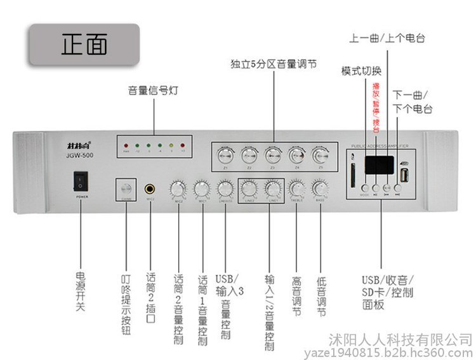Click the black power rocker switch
coord(81,182)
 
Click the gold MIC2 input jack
coord(150,189)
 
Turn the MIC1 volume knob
coord(202,188)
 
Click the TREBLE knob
coord(296,188)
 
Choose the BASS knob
coord(320,188)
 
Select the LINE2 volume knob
coord(249,188)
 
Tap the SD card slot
coord(352,176)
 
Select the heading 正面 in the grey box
coord(84,45)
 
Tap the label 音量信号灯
coord(153,91)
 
